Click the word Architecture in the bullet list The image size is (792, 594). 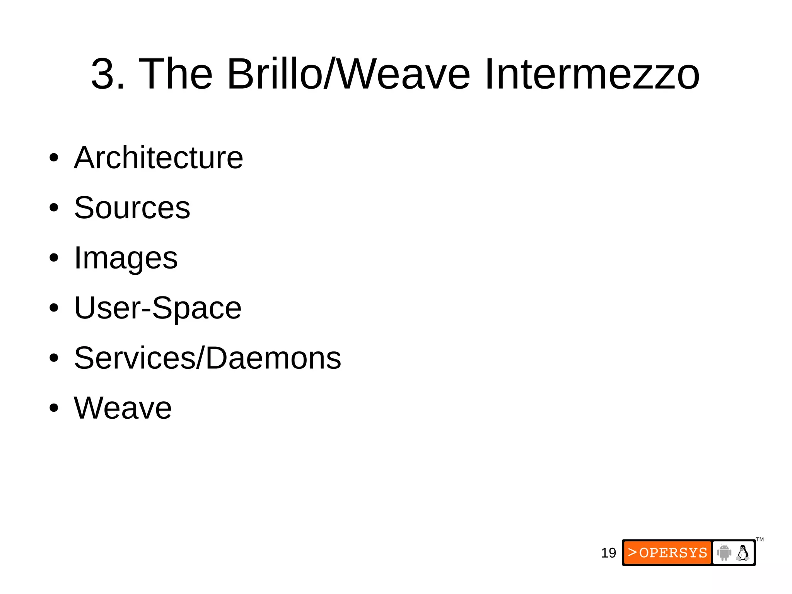[x=159, y=158]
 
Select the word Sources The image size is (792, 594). [x=132, y=208]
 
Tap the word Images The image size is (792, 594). [x=126, y=258]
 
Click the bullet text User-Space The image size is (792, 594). [x=158, y=308]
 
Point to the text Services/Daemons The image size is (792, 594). [x=208, y=358]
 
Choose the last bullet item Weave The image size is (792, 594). [x=123, y=408]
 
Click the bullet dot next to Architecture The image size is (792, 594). [x=54, y=158]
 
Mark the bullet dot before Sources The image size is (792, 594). [x=54, y=208]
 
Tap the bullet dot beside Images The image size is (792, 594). [x=54, y=258]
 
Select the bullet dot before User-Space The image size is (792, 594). [x=54, y=308]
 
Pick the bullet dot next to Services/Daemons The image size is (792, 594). [x=54, y=358]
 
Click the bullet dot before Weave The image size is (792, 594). [x=54, y=408]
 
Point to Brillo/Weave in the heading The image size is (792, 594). [x=348, y=74]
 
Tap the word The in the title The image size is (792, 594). [x=176, y=74]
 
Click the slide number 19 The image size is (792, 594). [x=608, y=553]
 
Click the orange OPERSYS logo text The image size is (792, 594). [x=668, y=553]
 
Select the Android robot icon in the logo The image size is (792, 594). [x=724, y=553]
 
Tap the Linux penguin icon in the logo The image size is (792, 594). [x=743, y=553]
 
